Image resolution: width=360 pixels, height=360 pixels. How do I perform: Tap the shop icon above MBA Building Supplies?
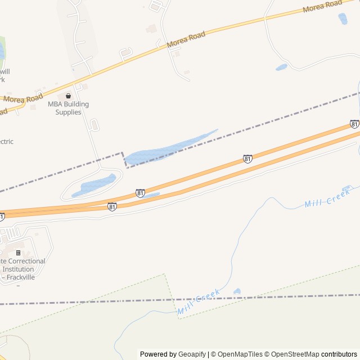tap(69, 96)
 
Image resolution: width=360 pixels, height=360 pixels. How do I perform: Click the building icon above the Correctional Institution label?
tap(18, 253)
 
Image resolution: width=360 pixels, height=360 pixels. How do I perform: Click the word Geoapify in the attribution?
tap(192, 354)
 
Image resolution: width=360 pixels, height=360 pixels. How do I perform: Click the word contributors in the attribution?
tap(339, 354)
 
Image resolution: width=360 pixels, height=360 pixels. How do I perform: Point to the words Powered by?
tap(157, 354)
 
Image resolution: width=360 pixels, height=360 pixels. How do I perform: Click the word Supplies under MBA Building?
tap(68, 112)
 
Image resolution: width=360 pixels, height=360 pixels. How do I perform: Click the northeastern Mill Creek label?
tap(327, 198)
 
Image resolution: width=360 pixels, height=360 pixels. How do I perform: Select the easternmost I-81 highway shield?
tap(354, 124)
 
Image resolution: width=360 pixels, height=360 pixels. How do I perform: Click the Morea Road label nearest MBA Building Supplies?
tap(22, 97)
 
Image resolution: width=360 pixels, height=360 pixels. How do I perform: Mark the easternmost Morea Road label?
tap(322, 7)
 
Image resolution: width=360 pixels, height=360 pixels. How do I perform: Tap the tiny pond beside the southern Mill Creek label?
tap(237, 291)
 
